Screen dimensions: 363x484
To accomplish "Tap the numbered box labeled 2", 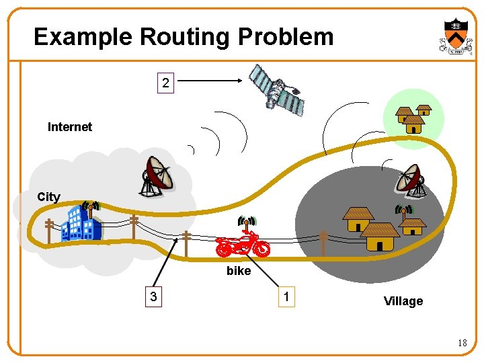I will click(x=165, y=83).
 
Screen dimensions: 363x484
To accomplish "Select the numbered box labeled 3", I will click(x=155, y=297).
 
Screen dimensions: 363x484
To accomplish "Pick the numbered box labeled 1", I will click(x=287, y=297).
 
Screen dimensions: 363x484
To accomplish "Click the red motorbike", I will click(x=243, y=245).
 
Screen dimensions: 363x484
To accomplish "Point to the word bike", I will click(x=239, y=271).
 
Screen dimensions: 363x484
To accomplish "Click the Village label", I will click(x=403, y=301).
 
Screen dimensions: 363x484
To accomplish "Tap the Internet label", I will click(x=70, y=126).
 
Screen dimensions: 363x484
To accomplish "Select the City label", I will click(x=48, y=197).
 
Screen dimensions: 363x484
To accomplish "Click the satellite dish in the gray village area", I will click(x=409, y=180).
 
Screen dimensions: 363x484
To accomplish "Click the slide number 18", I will click(x=462, y=344).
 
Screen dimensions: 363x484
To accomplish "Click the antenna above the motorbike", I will click(x=247, y=222).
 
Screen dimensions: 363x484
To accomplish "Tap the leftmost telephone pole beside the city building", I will click(x=49, y=231).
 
